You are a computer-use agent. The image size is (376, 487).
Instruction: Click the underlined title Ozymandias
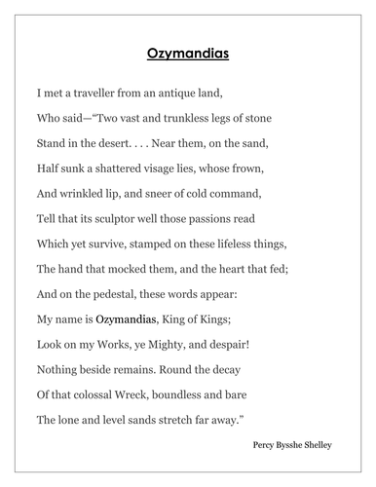click(x=188, y=55)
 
